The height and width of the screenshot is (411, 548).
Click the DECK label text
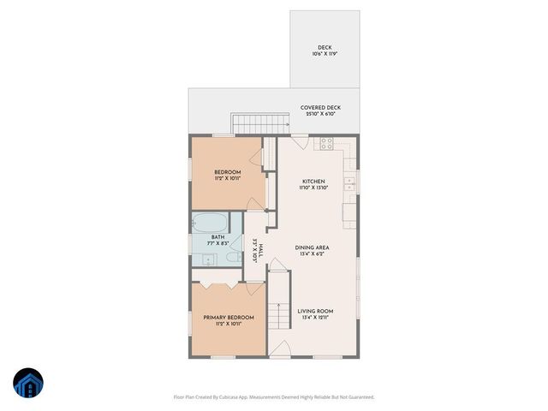tap(325, 48)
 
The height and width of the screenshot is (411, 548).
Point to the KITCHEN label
tap(313, 181)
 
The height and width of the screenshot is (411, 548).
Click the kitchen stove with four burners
tap(326, 145)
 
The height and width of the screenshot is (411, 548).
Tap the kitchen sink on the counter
tap(350, 183)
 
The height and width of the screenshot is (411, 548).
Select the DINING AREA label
tap(313, 247)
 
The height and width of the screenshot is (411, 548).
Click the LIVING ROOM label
tap(316, 311)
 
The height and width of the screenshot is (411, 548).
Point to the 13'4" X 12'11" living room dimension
tap(316, 318)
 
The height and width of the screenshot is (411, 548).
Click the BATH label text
tap(218, 237)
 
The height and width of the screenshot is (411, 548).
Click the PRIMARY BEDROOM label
tap(229, 318)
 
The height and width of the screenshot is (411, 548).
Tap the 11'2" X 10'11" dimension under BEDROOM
tap(228, 178)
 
